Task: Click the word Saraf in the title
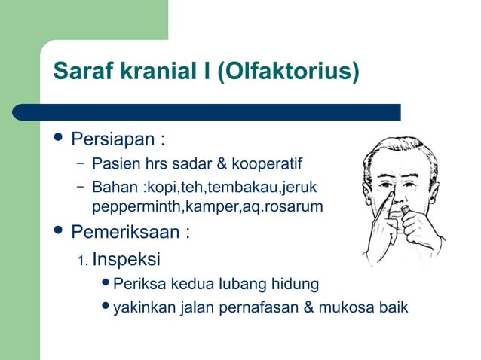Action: coord(78,74)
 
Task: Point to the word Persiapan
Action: coord(113,141)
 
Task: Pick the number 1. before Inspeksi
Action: coord(83,261)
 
